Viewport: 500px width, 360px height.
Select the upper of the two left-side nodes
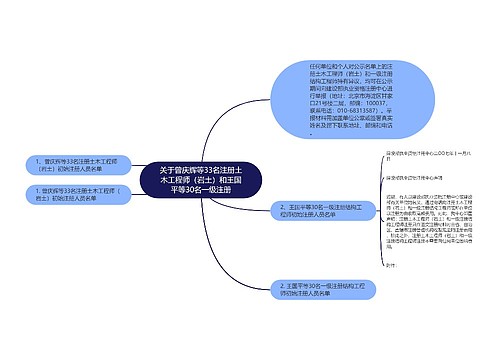tap(73, 164)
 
